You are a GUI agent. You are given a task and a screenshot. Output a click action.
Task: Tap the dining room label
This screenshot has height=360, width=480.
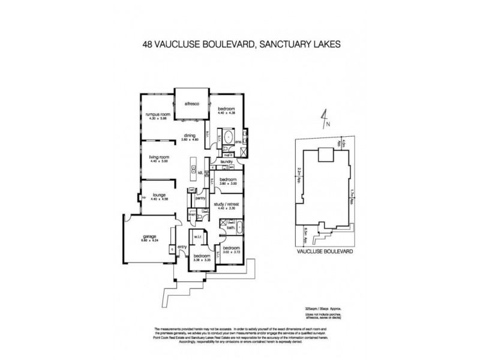click(190, 136)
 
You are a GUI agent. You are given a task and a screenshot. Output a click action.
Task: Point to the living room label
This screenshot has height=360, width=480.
click(160, 157)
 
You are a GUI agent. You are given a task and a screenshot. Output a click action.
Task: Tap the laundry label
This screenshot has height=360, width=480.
click(226, 161)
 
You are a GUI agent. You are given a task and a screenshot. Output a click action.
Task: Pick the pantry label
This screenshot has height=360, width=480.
click(201, 197)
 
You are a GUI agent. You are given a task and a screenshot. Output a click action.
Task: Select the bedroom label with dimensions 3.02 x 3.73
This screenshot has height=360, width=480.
click(232, 248)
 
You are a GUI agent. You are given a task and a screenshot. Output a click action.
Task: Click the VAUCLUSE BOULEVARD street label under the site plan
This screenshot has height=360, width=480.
click(324, 253)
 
